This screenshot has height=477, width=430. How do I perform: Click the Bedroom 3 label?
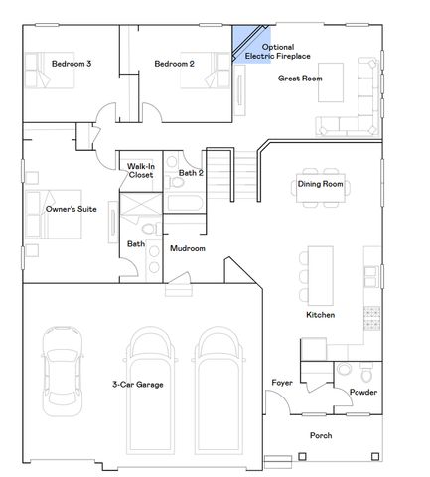pyautogui.click(x=72, y=65)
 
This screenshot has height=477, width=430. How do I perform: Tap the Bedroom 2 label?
pyautogui.click(x=174, y=65)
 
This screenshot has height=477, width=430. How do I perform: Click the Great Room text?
pyautogui.click(x=300, y=78)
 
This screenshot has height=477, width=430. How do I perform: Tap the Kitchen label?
pyautogui.click(x=320, y=315)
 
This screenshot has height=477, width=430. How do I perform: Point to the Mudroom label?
pyautogui.click(x=188, y=248)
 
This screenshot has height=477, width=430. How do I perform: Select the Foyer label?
pyautogui.click(x=281, y=383)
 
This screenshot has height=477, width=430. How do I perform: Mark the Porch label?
pyautogui.click(x=321, y=435)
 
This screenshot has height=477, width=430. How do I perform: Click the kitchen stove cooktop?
pyautogui.click(x=371, y=317)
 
